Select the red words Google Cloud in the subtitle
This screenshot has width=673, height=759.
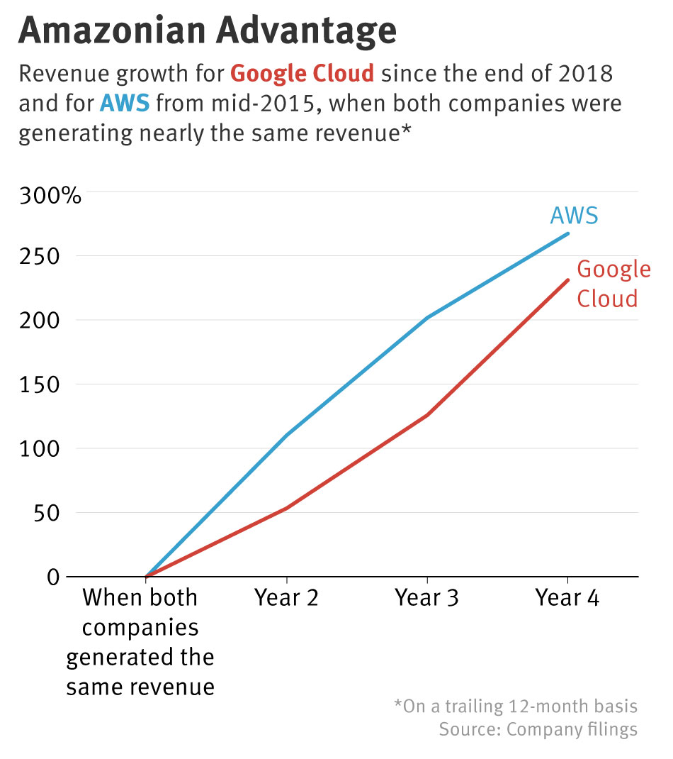tap(302, 73)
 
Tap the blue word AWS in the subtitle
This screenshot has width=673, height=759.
tap(125, 104)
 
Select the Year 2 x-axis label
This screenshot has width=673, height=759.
tap(286, 598)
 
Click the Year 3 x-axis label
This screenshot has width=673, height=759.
tap(427, 598)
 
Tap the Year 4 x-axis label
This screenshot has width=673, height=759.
tap(567, 598)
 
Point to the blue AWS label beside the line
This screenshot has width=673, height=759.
tap(574, 215)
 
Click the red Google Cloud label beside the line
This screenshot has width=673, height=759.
tap(613, 284)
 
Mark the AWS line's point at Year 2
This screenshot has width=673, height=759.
tap(286, 435)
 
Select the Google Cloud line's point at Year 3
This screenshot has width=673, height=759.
tap(427, 415)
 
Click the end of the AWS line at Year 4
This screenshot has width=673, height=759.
tap(567, 233)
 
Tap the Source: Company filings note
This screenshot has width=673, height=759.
tap(538, 729)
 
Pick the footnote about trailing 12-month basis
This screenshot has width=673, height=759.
tap(515, 707)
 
